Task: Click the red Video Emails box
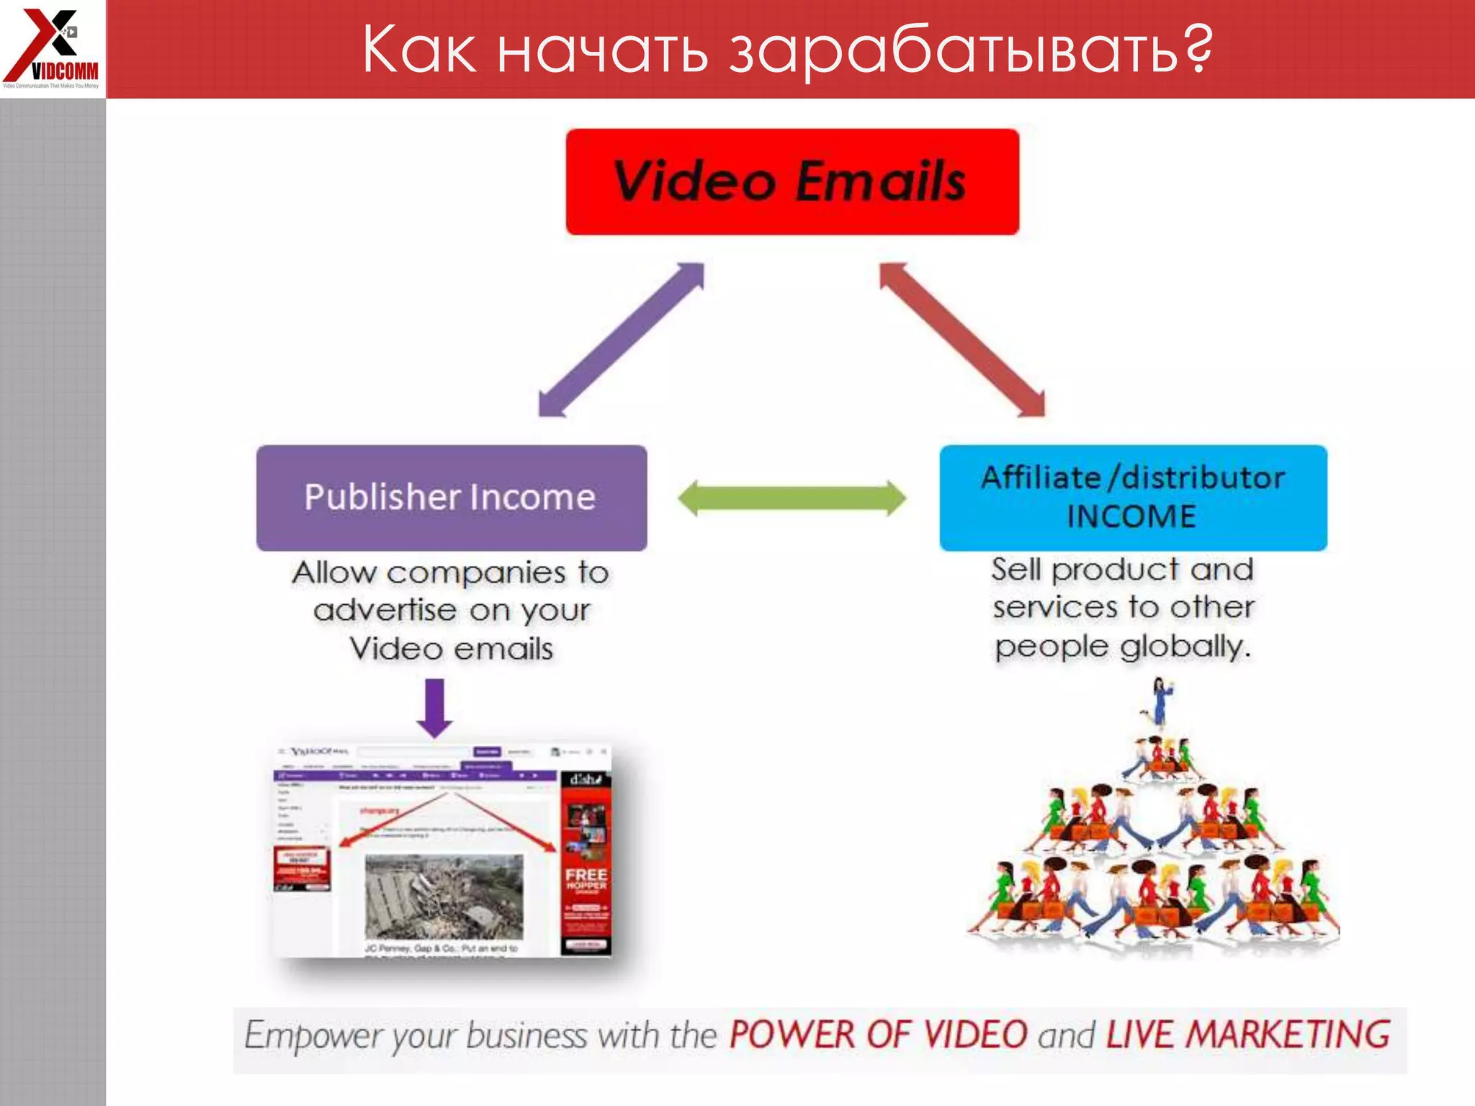pos(792,181)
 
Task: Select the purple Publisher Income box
pos(452,498)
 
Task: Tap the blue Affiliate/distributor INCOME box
pos(1133,498)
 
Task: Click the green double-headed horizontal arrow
pos(792,498)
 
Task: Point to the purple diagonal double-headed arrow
pos(621,339)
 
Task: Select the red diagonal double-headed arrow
pos(962,339)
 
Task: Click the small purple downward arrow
pos(435,707)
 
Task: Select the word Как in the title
pos(419,50)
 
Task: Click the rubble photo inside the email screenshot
pos(444,896)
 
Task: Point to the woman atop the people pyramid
pos(1160,700)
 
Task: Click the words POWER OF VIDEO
pos(879,1035)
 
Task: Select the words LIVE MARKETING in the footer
pos(1248,1035)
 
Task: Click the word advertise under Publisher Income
pos(385,611)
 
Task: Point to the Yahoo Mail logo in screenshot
pos(318,752)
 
